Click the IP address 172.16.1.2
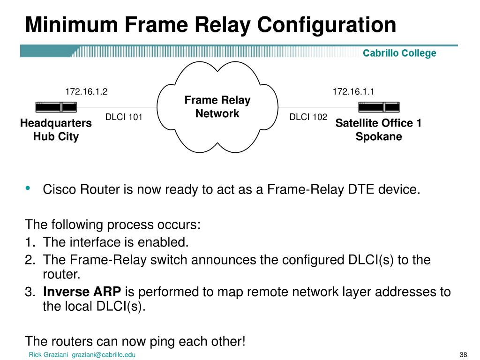[x=86, y=91]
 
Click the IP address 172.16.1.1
[x=353, y=91]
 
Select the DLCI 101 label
[x=124, y=117]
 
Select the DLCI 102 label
[x=308, y=117]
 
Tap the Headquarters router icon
[x=56, y=107]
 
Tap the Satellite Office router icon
[x=378, y=107]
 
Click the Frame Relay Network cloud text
[x=217, y=107]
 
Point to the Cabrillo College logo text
[x=399, y=53]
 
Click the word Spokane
[x=378, y=137]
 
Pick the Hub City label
[x=56, y=137]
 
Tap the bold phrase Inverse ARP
[x=82, y=292]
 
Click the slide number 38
[x=464, y=354]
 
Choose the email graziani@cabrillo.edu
[x=104, y=355]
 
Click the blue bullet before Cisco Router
[x=28, y=188]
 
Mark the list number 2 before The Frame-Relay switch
[x=29, y=260]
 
